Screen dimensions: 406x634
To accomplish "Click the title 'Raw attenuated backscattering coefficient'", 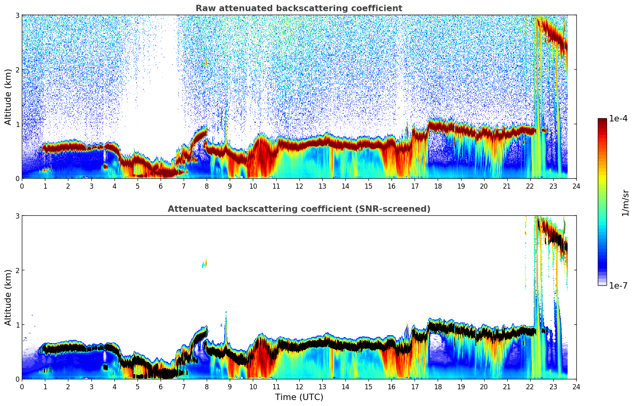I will [299, 8].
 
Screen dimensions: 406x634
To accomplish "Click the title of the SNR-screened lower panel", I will [299, 209].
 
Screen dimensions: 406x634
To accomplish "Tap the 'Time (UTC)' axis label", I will [299, 397].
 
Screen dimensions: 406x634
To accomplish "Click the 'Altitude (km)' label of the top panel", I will [8, 97].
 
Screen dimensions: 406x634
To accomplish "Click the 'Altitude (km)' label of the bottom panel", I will [8, 297].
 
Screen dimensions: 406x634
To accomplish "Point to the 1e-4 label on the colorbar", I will [618, 119].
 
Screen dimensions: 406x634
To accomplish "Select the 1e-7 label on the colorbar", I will [618, 285].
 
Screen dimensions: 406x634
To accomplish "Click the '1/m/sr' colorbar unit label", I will [626, 203].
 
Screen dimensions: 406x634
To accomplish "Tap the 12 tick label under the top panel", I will [299, 186].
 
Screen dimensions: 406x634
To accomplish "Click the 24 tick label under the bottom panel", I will [576, 387].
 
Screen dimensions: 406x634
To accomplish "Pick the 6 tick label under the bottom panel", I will [161, 387].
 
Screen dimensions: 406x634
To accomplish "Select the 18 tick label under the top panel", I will [438, 186].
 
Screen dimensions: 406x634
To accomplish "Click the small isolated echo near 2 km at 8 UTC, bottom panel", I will [205, 264].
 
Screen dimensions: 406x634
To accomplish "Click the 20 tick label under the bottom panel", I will [484, 387].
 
